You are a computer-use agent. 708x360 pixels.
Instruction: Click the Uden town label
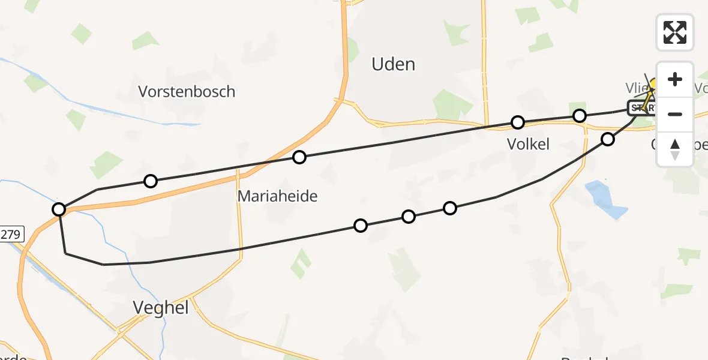coord(393,64)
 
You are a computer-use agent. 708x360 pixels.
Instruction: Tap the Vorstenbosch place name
coord(187,92)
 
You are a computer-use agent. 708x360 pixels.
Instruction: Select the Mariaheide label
coord(277,196)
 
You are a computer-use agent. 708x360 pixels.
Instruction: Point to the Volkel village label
coord(527,144)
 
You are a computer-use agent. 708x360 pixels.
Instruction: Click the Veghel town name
coord(160,308)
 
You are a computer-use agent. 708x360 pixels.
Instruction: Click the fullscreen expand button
coord(675,32)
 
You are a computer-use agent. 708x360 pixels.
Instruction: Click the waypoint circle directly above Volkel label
coord(517,122)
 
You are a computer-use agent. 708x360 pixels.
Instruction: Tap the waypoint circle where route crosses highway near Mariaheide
coord(299,157)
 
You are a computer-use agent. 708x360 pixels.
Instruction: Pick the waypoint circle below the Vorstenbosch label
coord(151,181)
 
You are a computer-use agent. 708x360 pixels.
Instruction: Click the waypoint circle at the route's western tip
coord(59,209)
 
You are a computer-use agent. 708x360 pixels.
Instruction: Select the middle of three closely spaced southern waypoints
coord(408,216)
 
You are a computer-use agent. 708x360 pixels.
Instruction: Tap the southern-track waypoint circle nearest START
coord(608,139)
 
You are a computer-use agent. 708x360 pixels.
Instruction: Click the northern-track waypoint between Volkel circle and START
coord(579,116)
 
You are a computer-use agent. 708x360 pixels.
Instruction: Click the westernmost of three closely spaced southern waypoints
coord(360,226)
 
